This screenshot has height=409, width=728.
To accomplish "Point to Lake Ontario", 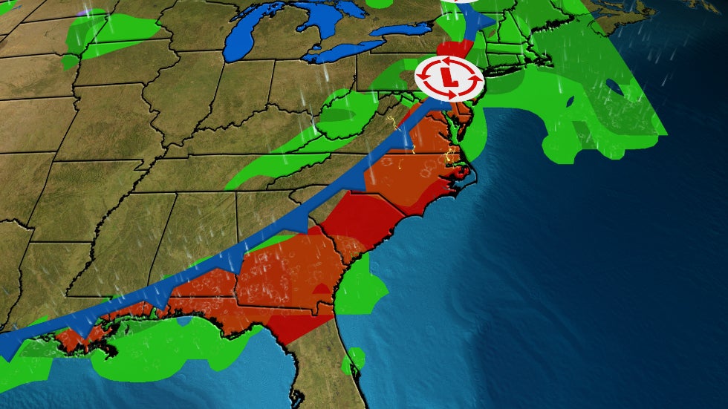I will pos(401,30).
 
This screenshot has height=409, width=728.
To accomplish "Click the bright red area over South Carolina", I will pos(357,215).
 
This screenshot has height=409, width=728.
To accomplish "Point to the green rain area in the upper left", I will pos(111,33).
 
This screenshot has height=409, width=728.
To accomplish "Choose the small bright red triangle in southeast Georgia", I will pos(322,289).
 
